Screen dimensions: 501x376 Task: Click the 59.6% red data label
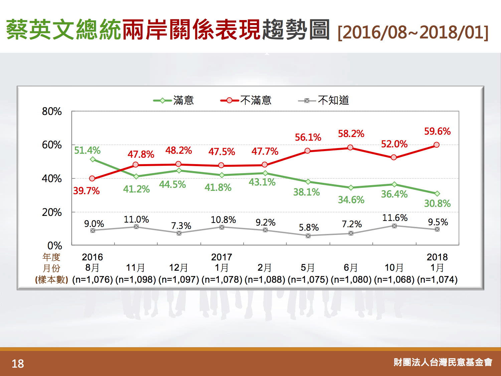point(437,131)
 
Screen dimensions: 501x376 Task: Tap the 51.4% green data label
point(87,150)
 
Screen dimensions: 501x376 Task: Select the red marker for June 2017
point(350,147)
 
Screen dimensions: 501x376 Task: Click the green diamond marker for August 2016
point(93,159)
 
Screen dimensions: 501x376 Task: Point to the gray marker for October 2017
point(394,226)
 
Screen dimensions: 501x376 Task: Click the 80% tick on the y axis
point(52,111)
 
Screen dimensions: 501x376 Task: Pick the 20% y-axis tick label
point(52,212)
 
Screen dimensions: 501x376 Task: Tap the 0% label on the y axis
point(55,246)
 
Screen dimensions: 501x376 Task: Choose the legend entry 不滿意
point(246,101)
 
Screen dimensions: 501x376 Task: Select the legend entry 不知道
point(324,101)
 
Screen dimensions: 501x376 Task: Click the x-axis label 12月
point(178,268)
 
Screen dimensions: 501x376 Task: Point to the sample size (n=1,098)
point(136,280)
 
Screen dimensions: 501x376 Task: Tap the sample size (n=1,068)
point(394,280)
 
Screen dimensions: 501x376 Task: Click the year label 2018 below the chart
point(437,257)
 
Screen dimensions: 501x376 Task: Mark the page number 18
point(18,364)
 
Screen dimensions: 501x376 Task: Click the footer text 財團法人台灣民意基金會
point(443,362)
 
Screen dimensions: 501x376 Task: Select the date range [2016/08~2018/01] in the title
point(413,32)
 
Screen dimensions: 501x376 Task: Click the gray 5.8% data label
point(309,227)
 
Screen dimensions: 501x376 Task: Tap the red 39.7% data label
point(86,191)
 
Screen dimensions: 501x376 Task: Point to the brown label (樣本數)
point(51,280)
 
